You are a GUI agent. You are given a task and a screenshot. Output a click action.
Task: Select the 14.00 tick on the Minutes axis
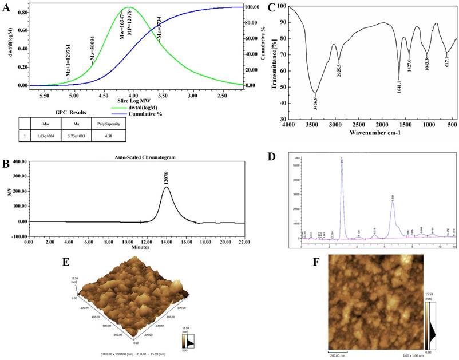[x=167, y=242]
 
